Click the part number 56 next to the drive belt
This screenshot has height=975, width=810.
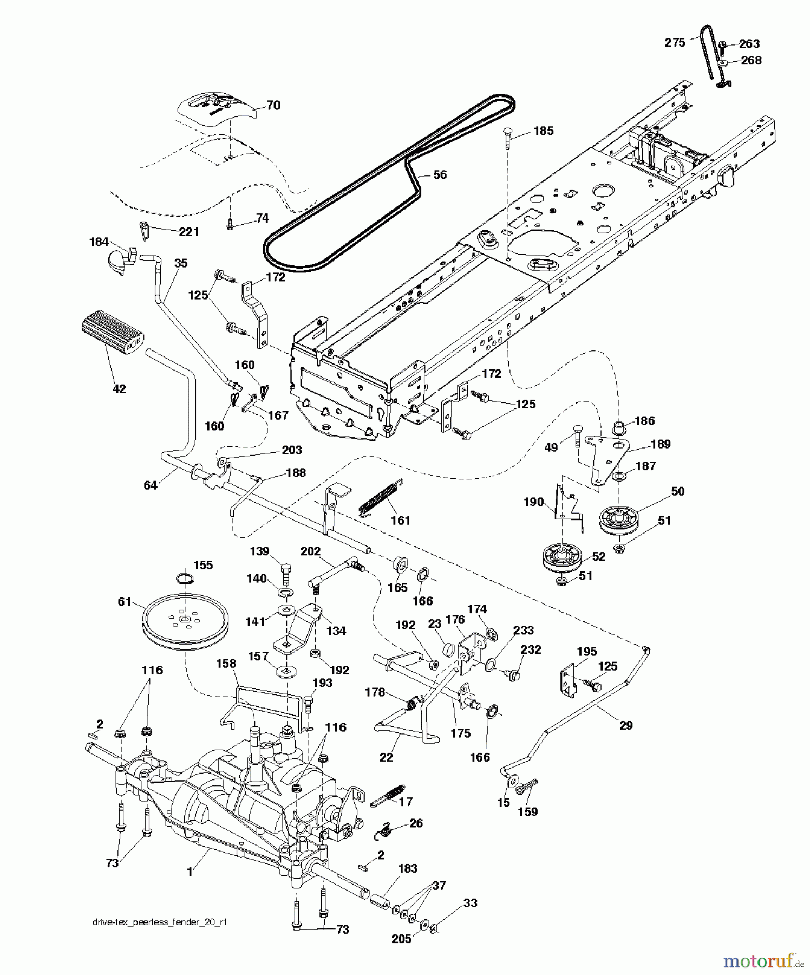[x=440, y=175]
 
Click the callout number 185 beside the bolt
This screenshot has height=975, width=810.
[x=543, y=131]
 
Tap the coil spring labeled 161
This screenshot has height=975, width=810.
[x=381, y=497]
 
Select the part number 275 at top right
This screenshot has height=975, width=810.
[x=675, y=43]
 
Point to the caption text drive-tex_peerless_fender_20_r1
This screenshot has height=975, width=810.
[x=159, y=922]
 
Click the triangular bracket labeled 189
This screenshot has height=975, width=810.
[x=606, y=455]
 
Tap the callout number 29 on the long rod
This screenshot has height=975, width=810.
[x=625, y=725]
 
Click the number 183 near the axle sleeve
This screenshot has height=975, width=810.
[x=407, y=869]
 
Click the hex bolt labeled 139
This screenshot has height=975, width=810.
[x=286, y=573]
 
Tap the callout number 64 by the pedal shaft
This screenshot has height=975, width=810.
[x=150, y=485]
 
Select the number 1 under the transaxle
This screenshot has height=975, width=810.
[x=190, y=872]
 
